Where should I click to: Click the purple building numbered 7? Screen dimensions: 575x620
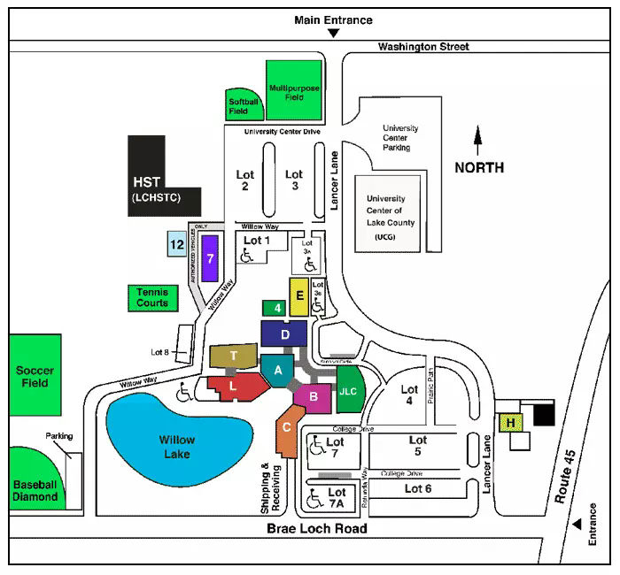coord(210,257)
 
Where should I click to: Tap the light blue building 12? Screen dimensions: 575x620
coord(176,244)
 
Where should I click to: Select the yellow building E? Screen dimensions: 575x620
coord(299,296)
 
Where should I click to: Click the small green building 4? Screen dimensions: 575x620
coord(277,308)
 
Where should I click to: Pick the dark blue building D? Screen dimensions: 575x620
coord(284,334)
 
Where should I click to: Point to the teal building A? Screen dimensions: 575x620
coord(277,371)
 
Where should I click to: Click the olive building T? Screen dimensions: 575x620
coord(234,356)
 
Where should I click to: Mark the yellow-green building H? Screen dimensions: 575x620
coord(511,423)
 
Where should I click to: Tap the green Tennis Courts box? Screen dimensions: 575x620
coord(151,296)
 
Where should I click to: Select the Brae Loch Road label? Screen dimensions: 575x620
coord(316,528)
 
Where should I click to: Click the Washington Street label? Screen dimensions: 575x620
coord(423,46)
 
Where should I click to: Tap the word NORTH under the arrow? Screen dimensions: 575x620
coord(479,167)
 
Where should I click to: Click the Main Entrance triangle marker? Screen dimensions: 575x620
coord(333,34)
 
